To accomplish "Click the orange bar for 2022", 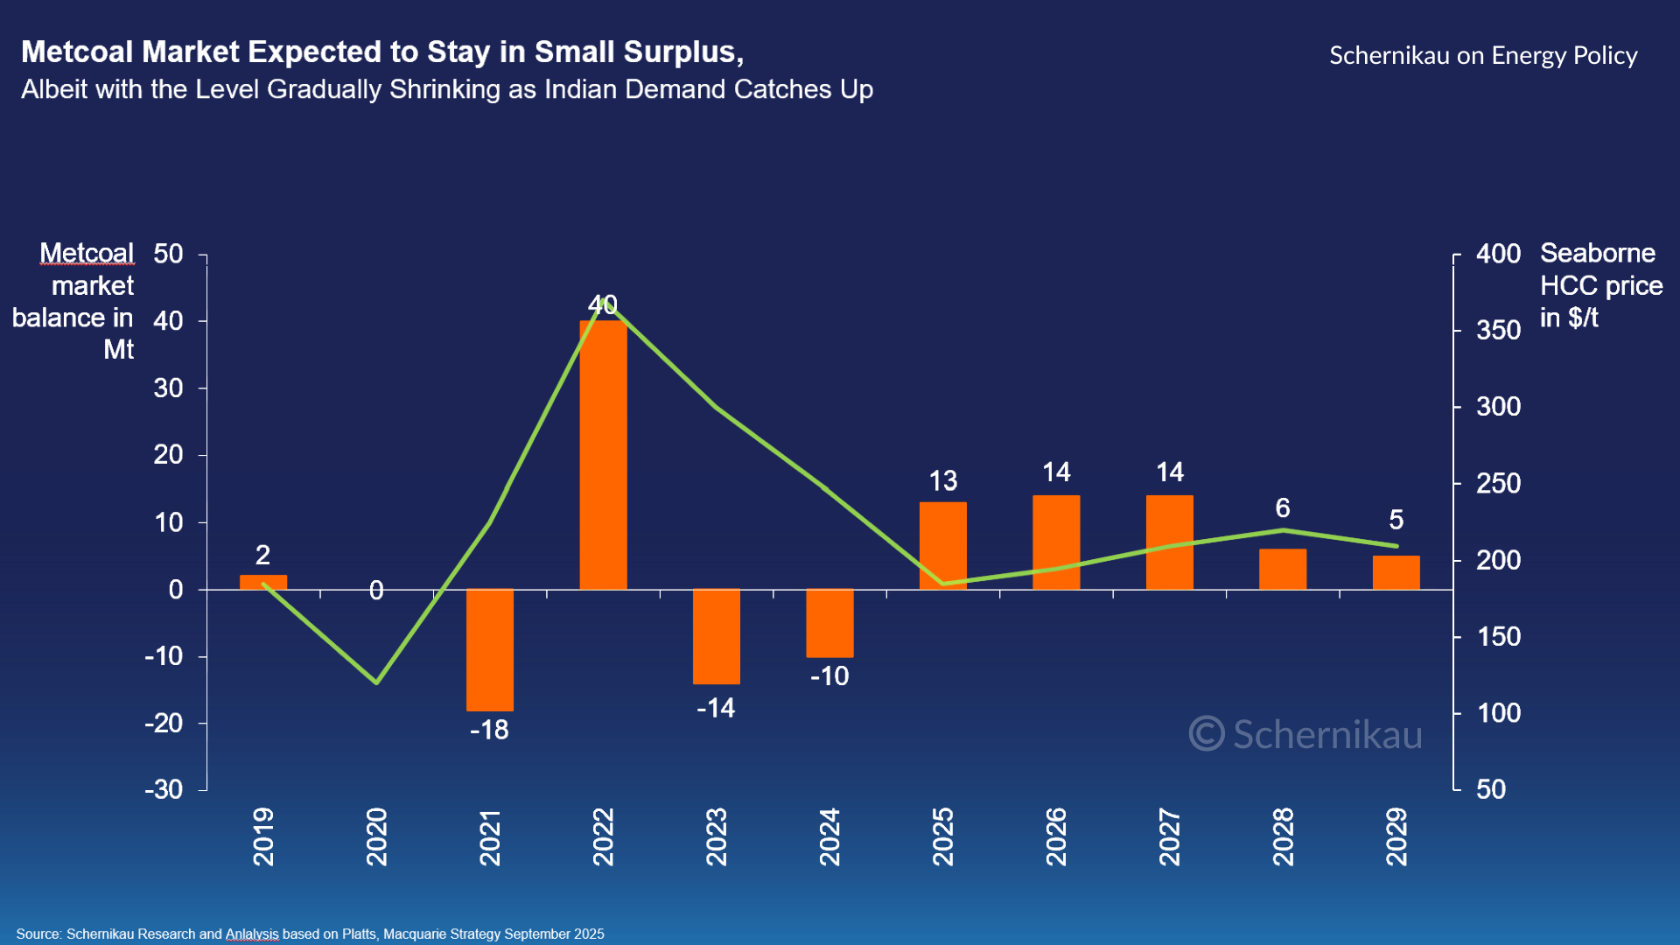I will click(603, 455).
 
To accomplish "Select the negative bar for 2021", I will click(490, 650).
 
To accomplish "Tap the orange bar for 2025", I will click(943, 545).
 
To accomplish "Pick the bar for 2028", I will click(1283, 569).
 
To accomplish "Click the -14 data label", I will click(716, 708).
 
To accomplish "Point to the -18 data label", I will click(489, 730).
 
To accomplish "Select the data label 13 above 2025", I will click(943, 481).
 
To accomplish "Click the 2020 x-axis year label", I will click(376, 836).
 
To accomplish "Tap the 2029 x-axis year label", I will click(1396, 836).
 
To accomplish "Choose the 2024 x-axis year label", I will click(829, 836).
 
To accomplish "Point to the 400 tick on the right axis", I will click(1498, 254).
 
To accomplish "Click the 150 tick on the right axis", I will click(1498, 636).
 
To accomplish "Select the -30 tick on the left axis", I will click(164, 789).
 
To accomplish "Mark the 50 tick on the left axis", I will click(168, 254).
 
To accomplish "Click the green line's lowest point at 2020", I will click(376, 682).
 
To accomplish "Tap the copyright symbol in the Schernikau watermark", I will click(1207, 733).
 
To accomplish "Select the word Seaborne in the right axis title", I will click(1598, 254).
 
